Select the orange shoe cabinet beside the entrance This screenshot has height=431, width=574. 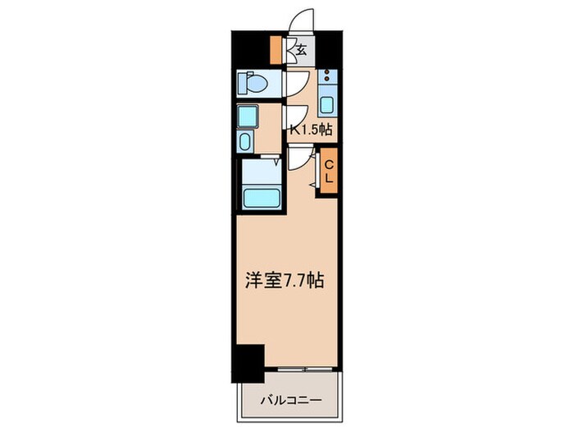(276, 50)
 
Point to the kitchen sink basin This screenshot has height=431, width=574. (326, 105)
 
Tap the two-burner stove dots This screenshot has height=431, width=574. (327, 80)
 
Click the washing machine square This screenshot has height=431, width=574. (247, 115)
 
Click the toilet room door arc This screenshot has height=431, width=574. (296, 83)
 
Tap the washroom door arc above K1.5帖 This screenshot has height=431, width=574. (294, 114)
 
